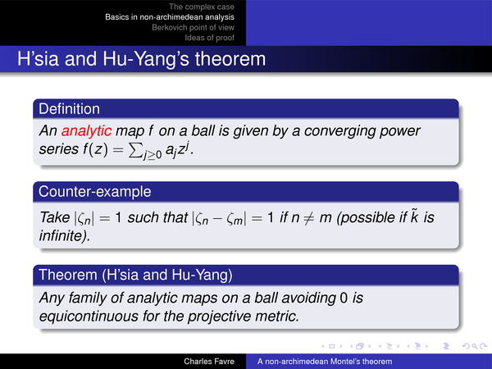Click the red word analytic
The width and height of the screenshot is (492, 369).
coord(86,131)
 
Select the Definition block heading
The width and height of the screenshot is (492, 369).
coord(69,109)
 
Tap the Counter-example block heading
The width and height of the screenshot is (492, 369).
coord(95,191)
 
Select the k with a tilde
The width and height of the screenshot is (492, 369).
coord(414,216)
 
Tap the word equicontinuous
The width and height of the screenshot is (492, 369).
coord(89,316)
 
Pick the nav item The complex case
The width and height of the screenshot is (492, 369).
coord(202,7)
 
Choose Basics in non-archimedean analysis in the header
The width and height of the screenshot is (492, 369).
coord(170,17)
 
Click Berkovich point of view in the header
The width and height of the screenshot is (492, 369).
coord(193,27)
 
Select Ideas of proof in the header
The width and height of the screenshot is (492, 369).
coord(209,38)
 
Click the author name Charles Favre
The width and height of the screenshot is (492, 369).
coord(209,362)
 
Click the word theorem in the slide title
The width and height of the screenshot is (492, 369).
coord(230,59)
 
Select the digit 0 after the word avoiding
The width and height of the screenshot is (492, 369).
coord(344,298)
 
